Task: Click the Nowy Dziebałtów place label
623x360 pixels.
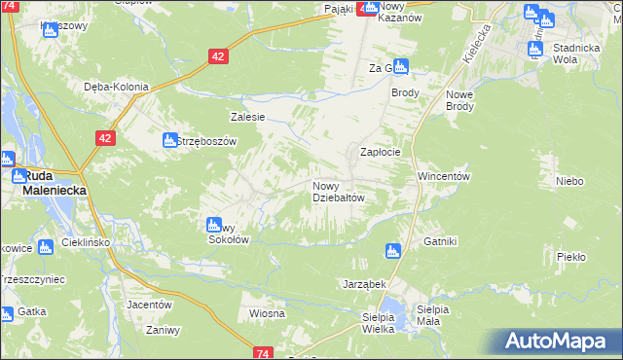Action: point(338,192)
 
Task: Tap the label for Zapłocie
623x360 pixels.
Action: point(381,153)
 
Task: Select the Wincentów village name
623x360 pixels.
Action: point(444,177)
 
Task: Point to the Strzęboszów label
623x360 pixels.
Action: point(206,141)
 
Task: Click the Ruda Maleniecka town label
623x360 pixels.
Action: point(55,184)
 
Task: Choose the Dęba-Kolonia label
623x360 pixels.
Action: point(116,87)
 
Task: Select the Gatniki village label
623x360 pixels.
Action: point(440,241)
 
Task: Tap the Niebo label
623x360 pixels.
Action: point(569,181)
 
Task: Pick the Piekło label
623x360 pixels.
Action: point(570,257)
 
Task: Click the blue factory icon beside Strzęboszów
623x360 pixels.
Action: point(168,140)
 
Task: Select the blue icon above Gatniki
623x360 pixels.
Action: point(393,251)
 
